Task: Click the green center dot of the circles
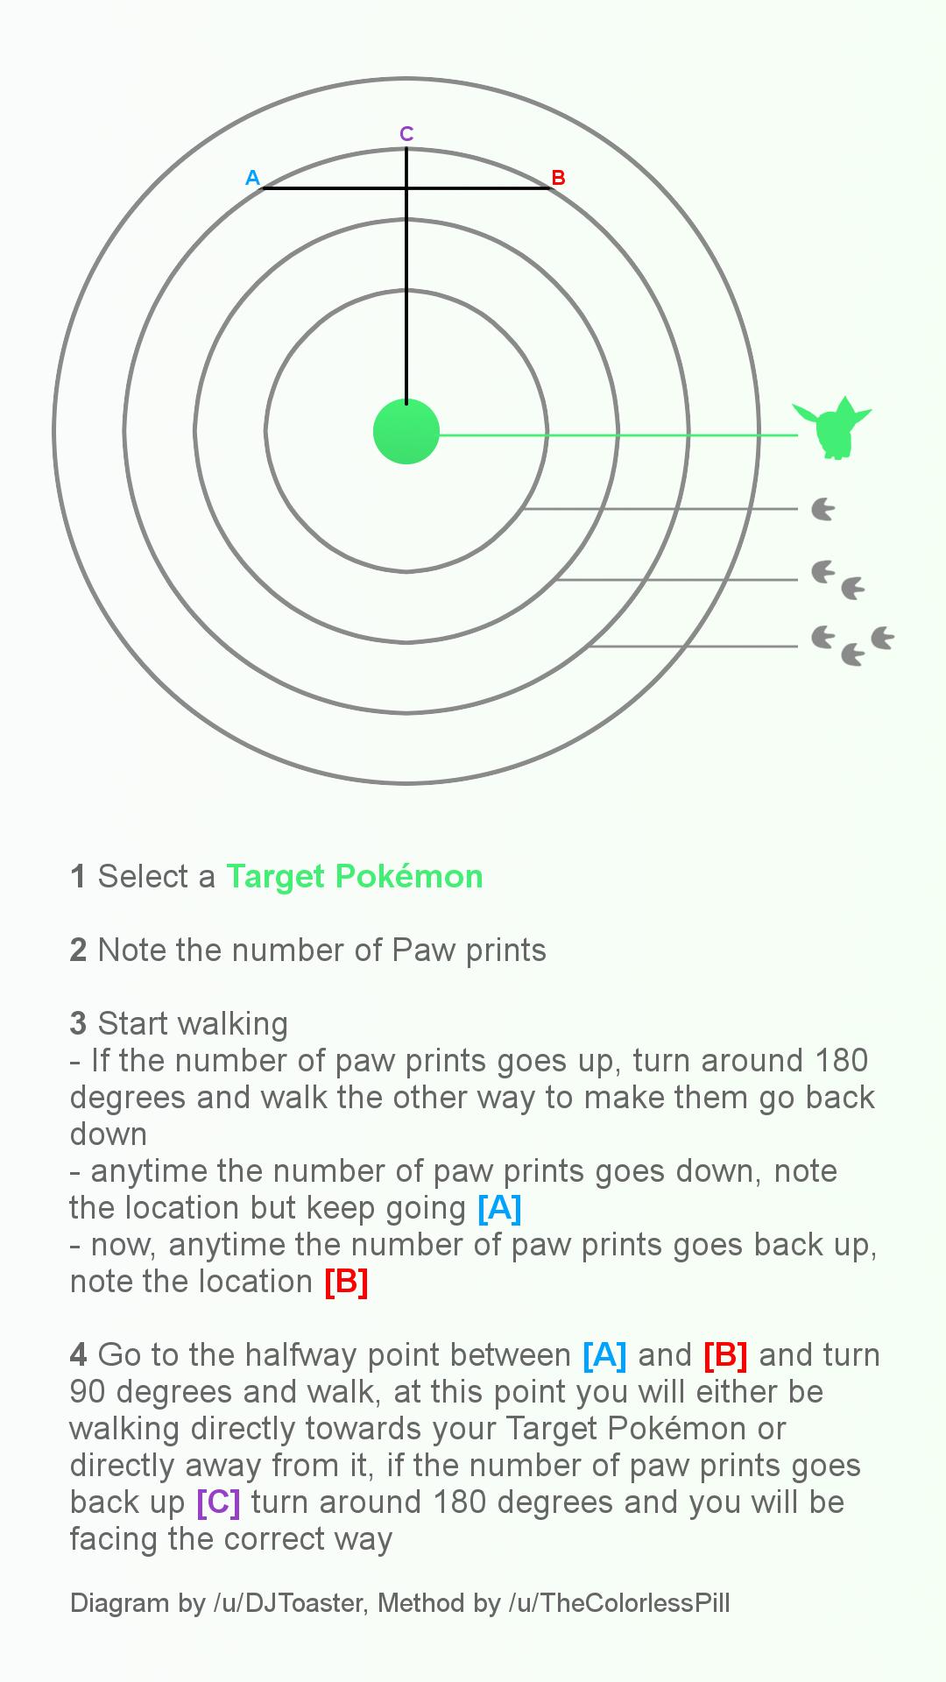pos(406,431)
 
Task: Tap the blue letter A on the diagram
pos(252,178)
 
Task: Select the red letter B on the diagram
pos(558,178)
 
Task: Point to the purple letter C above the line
pos(406,133)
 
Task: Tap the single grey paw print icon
pos(822,509)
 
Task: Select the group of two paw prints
pos(837,581)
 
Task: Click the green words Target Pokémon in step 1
pos(355,876)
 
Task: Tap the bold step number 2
pos(78,950)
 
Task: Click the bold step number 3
pos(78,1023)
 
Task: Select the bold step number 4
pos(78,1354)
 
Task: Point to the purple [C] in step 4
pos(218,1502)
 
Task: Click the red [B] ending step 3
pos(346,1281)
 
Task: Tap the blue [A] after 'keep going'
pos(499,1207)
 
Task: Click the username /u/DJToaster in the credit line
pos(287,1603)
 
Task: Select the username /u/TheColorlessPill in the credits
pos(618,1603)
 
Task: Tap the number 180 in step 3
pos(841,1060)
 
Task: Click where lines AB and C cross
pos(406,187)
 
